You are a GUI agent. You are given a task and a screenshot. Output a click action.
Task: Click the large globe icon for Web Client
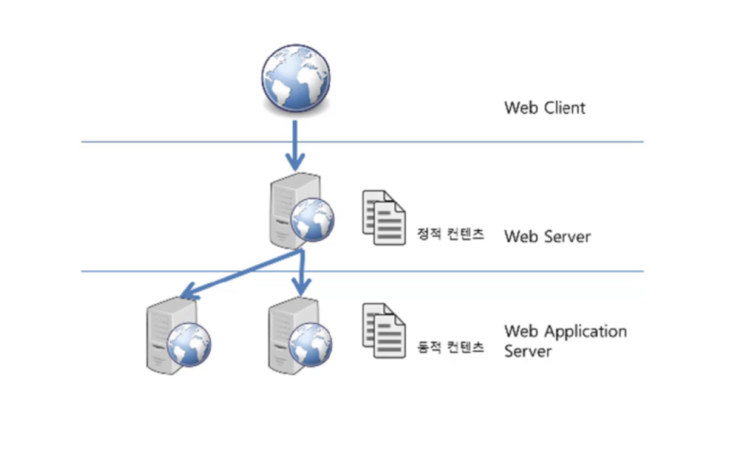click(296, 78)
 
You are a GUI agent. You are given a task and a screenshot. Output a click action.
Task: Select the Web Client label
click(545, 108)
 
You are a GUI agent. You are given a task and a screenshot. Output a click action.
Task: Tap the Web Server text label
click(547, 236)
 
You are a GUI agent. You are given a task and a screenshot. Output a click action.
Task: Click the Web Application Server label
click(565, 341)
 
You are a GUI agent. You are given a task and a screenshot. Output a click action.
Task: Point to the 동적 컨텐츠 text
click(450, 348)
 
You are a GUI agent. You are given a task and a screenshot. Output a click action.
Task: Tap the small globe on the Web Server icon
click(312, 220)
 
